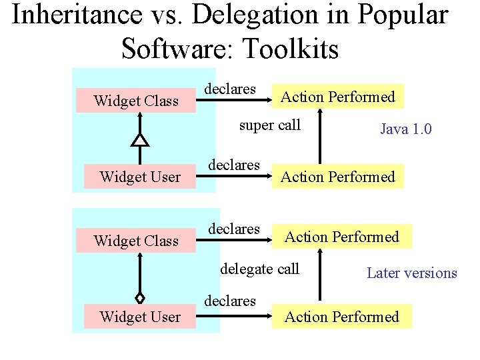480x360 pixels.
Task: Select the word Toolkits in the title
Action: click(x=293, y=49)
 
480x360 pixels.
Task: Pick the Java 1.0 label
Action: click(x=405, y=129)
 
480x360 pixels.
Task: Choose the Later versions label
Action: click(x=411, y=273)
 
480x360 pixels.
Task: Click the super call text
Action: click(x=269, y=125)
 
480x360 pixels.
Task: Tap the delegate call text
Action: click(x=259, y=269)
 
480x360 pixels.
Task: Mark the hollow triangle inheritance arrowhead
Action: click(x=139, y=139)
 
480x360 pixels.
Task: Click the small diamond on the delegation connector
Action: click(x=139, y=297)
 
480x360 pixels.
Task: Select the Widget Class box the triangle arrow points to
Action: click(x=136, y=101)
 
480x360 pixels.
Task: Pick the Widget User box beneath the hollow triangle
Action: click(x=139, y=177)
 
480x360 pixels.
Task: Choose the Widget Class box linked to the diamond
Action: click(x=136, y=241)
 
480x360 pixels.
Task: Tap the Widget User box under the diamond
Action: click(x=139, y=317)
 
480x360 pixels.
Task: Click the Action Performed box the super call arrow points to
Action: click(x=337, y=97)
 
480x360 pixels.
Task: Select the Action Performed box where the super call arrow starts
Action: click(x=337, y=177)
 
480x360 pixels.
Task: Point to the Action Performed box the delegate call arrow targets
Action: click(x=341, y=237)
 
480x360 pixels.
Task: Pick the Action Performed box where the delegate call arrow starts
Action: click(x=341, y=317)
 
